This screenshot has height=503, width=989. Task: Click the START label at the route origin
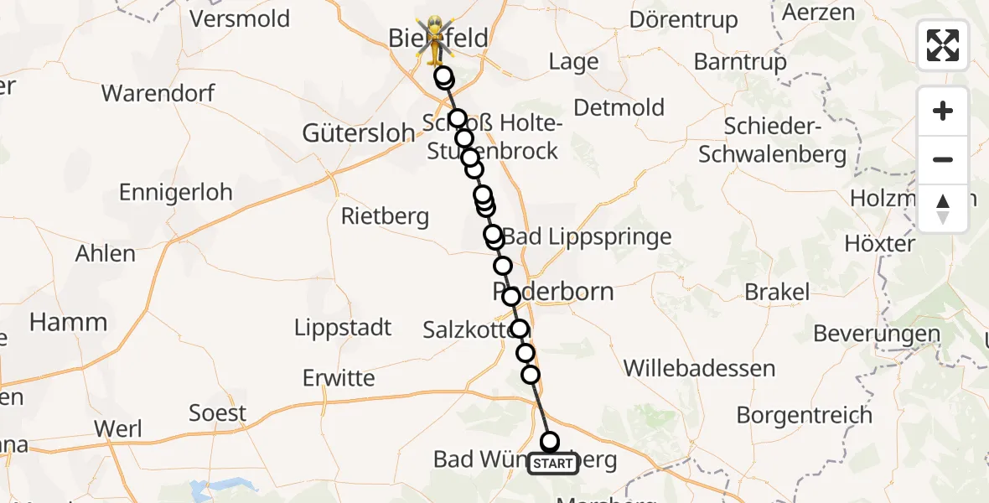[x=552, y=464]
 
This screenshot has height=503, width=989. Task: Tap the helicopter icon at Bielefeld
[x=435, y=39]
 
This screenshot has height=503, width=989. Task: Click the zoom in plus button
[x=943, y=111]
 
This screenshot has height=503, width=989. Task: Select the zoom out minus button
[x=943, y=159]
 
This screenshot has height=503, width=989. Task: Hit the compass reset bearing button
[x=943, y=208]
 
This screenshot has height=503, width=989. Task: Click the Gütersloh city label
[x=359, y=132]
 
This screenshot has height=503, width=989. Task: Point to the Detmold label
[x=619, y=107]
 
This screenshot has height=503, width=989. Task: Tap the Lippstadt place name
[x=343, y=327]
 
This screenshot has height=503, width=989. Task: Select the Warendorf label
[x=158, y=92]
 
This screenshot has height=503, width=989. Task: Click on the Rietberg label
[x=385, y=217]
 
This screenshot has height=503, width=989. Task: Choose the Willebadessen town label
[x=700, y=368]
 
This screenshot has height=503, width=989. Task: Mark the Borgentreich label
[x=805, y=414]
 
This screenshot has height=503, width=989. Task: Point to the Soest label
[x=218, y=412]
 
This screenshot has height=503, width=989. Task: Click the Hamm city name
[x=69, y=322]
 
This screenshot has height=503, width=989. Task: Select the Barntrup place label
[x=741, y=61]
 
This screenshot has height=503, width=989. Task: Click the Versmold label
[x=240, y=18]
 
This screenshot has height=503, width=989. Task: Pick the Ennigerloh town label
[x=175, y=192]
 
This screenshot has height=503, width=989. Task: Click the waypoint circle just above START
[x=550, y=441]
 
